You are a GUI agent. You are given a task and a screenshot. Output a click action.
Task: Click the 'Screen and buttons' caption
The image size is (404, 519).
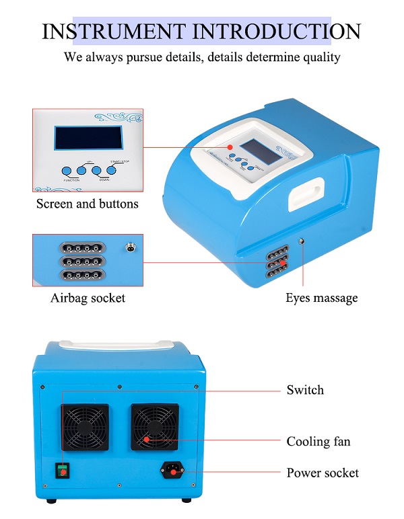(87, 204)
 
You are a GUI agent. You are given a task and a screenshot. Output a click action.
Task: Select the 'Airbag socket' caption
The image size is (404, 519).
(88, 298)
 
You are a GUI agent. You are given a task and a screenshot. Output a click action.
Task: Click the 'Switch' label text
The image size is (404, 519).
(305, 390)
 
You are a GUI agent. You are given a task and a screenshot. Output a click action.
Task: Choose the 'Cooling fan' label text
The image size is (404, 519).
(318, 442)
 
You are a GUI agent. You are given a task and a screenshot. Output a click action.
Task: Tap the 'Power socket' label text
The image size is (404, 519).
(323, 473)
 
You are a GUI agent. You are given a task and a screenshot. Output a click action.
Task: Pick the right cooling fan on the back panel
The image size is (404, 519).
(154, 427)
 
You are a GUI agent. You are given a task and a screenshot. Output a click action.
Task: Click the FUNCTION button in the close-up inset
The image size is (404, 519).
(67, 171)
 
